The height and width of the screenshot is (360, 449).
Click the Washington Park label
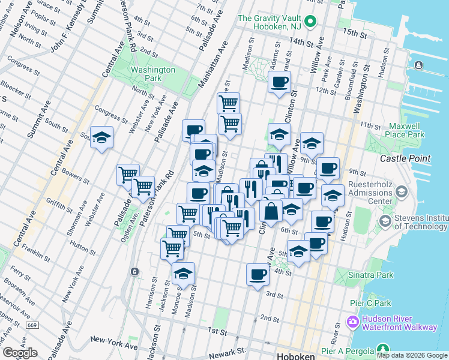point(152,74)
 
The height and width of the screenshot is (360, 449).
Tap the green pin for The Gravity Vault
point(310,23)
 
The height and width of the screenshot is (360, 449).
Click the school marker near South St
point(102,137)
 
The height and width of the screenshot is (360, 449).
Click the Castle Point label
point(405,158)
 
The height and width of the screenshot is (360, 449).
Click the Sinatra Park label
point(371,275)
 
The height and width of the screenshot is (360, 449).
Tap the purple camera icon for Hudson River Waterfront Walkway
point(352,322)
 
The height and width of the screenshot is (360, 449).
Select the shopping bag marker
point(271,211)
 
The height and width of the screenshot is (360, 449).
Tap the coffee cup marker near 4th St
point(258,274)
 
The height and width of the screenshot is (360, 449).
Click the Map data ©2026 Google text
point(412,355)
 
